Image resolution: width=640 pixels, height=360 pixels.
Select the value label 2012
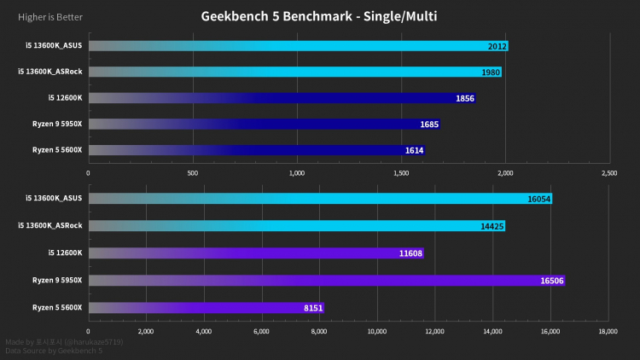[497, 46]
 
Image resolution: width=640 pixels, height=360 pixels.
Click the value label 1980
[490, 72]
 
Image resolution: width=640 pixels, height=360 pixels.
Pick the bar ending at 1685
[265, 125]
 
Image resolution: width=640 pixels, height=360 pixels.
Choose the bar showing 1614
[256, 150]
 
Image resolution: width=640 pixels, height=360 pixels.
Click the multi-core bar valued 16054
[320, 199]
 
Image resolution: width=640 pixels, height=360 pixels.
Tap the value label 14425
[492, 226]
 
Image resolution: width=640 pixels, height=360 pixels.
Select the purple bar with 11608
[256, 253]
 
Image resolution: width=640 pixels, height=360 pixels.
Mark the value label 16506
[551, 281]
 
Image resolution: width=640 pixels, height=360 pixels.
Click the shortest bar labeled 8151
[206, 307]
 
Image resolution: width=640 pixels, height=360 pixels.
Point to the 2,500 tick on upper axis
[609, 172]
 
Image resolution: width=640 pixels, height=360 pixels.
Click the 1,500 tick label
[401, 172]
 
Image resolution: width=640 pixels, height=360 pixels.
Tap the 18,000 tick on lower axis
[608, 330]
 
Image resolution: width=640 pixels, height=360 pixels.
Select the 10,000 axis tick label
[376, 330]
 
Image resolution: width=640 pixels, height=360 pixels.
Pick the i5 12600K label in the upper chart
[66, 98]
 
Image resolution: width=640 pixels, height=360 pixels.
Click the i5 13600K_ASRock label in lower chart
[50, 226]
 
